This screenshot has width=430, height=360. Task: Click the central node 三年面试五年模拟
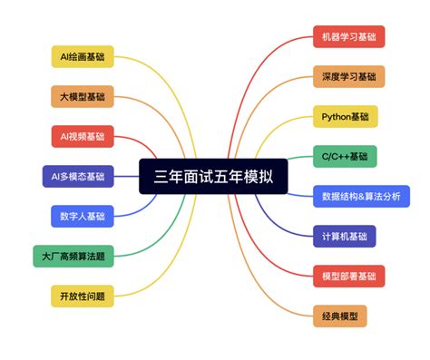click(213, 176)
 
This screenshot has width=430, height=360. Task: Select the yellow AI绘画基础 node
click(81, 56)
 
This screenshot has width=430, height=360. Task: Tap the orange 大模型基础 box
click(81, 96)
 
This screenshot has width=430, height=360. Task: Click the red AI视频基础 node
click(81, 136)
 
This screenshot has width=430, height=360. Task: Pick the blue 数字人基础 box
click(81, 216)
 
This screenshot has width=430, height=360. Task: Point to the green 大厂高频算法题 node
click(73, 256)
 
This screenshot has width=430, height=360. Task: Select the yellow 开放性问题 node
click(81, 296)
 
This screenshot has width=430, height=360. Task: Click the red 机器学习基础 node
click(348, 36)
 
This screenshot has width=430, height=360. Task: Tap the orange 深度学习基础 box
click(348, 76)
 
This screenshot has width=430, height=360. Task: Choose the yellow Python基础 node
click(345, 116)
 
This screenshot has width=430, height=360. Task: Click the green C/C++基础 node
click(345, 156)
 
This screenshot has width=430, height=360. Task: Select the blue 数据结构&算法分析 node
click(360, 196)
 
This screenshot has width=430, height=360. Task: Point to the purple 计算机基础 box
click(344, 236)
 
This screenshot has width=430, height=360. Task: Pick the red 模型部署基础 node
click(348, 276)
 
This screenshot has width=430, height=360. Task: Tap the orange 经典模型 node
click(340, 316)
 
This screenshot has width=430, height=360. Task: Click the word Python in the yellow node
click(335, 116)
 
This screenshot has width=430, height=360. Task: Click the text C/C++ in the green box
click(334, 156)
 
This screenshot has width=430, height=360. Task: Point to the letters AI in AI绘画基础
click(64, 56)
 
